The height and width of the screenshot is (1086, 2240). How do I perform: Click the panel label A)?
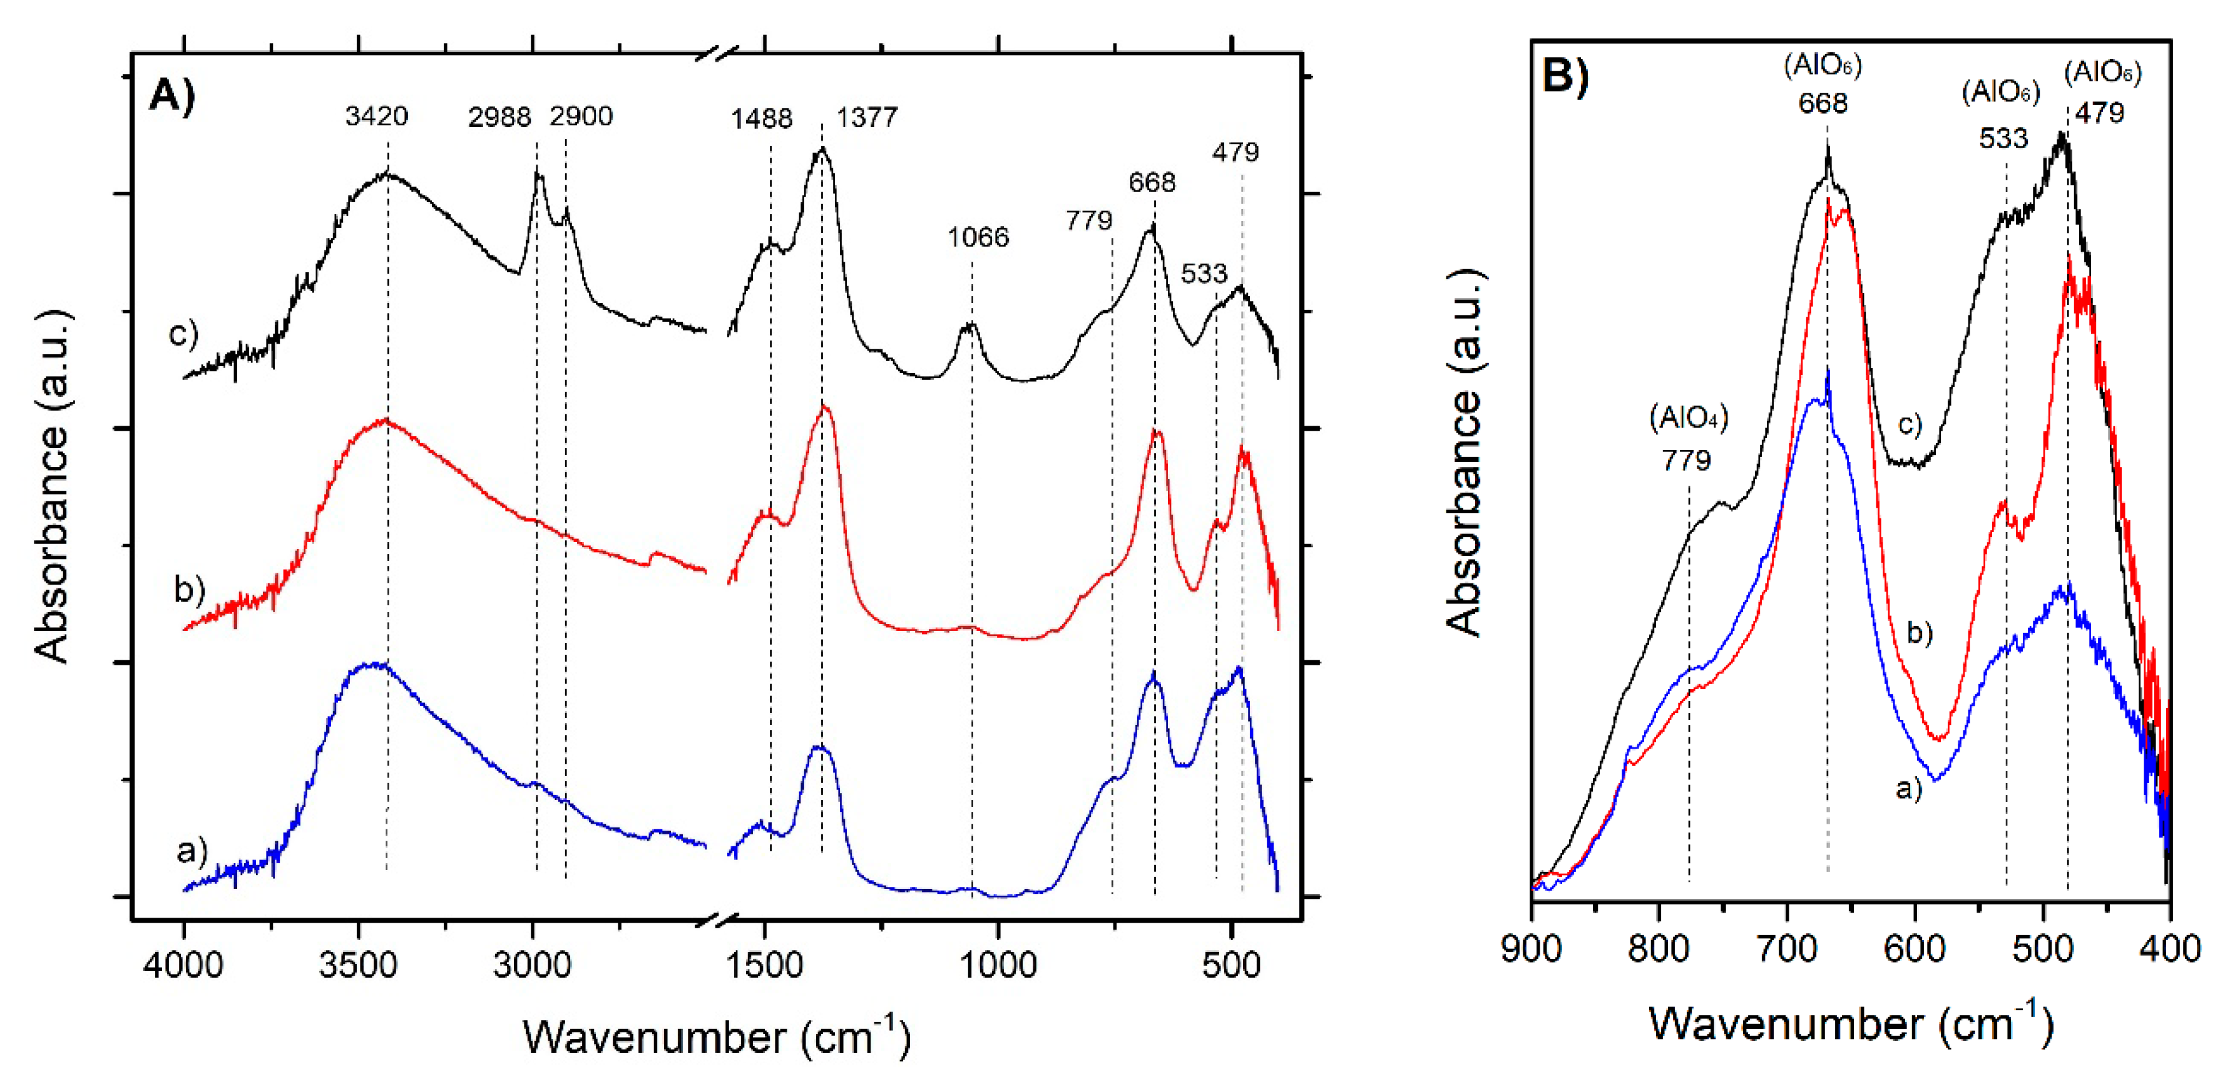tap(172, 94)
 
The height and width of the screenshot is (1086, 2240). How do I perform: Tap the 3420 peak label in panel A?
tap(377, 116)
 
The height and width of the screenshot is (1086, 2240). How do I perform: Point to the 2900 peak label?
tap(581, 116)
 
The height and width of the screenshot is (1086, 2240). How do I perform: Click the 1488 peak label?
tap(762, 119)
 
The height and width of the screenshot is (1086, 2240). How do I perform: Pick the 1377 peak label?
tap(867, 118)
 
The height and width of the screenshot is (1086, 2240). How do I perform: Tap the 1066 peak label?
tap(978, 237)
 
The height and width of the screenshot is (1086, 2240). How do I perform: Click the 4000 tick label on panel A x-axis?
tap(183, 965)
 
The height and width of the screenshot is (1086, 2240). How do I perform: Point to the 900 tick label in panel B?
tap(1532, 948)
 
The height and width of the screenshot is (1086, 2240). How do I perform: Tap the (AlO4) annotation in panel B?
tap(1689, 418)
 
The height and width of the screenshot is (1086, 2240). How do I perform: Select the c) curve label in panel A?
tap(183, 333)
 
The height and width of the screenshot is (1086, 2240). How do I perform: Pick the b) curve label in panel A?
tap(188, 590)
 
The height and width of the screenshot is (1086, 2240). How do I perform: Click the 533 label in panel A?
tap(1204, 274)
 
